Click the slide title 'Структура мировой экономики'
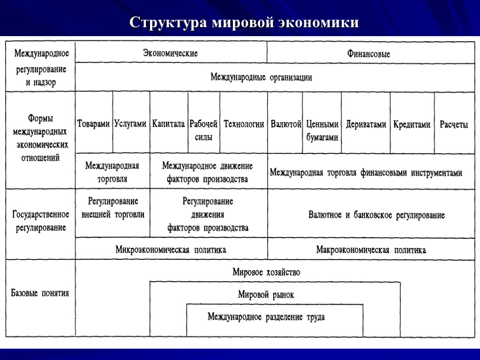(244, 22)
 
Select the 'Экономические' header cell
(171, 53)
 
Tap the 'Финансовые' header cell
(368, 54)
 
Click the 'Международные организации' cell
(261, 77)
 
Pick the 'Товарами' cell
(94, 124)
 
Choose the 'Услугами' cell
(131, 124)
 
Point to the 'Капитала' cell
(169, 124)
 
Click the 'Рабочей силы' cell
(203, 131)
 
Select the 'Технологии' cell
(244, 124)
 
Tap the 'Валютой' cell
(285, 124)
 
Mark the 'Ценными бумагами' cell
(322, 131)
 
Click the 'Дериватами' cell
(366, 125)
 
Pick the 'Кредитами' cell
(412, 125)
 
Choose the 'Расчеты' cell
(454, 125)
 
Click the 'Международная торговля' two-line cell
(112, 172)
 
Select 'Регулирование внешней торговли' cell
(113, 208)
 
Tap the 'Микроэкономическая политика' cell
(171, 250)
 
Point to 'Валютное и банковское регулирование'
(376, 215)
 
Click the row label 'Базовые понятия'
(40, 293)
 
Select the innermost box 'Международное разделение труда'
(266, 317)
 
